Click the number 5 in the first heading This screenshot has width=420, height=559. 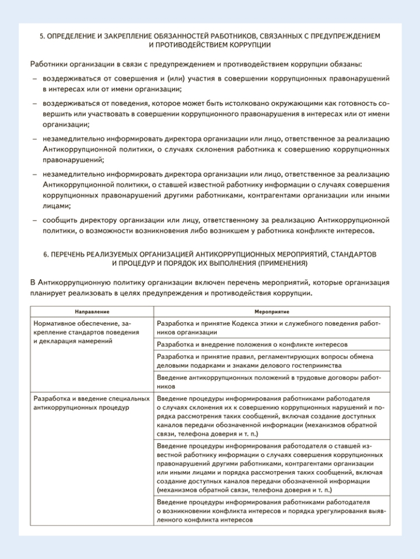(42, 36)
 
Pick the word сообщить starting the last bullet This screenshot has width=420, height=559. (59, 220)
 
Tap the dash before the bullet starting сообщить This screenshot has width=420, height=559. (34, 220)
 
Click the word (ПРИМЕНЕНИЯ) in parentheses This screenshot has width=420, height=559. (284, 262)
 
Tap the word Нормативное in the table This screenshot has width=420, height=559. (56, 323)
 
